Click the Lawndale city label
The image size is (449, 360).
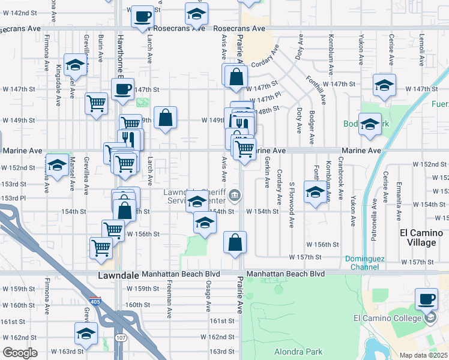tap(118, 274)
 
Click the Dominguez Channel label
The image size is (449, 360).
tap(366, 263)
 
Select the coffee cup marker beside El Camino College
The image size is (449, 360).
tap(427, 299)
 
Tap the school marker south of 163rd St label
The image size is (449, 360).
tap(86, 333)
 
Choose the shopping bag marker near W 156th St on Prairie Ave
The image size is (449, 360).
tap(235, 242)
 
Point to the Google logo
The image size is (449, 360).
tap(20, 353)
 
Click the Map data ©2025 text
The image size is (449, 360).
tap(423, 355)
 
